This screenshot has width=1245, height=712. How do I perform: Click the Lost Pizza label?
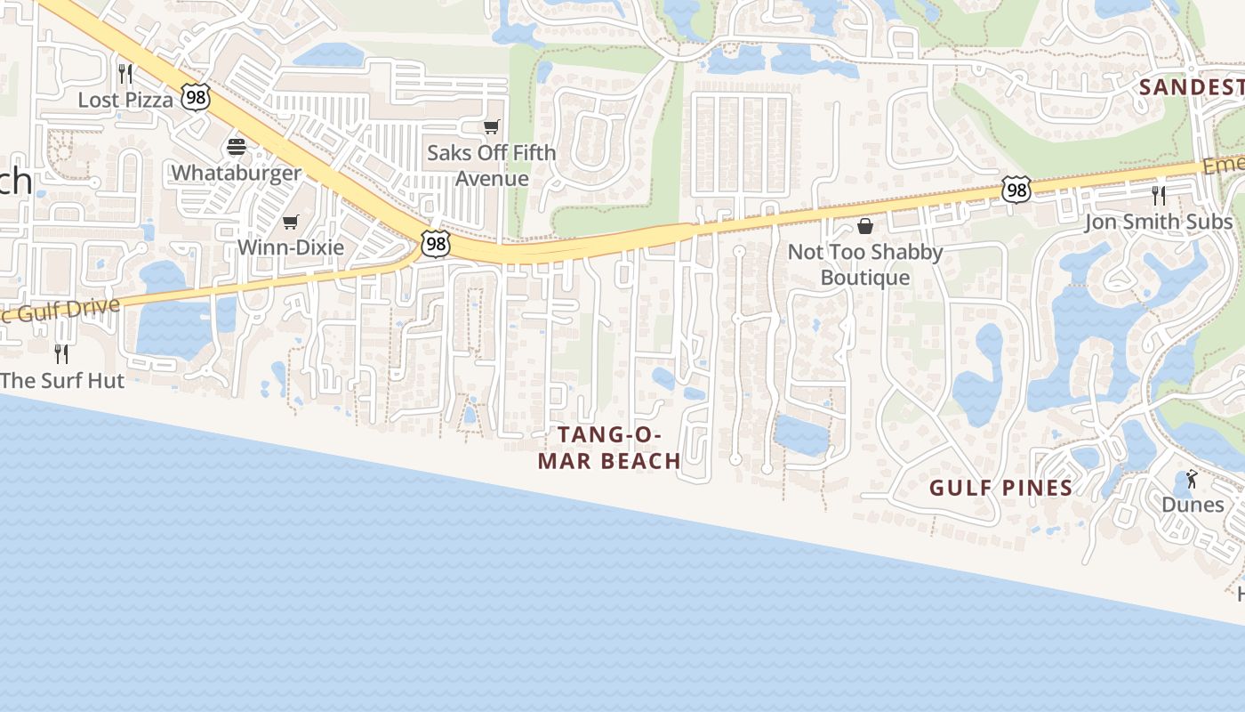(x=125, y=100)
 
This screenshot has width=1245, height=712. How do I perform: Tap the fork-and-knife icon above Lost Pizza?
(x=125, y=73)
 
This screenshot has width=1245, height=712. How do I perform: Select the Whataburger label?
(x=237, y=173)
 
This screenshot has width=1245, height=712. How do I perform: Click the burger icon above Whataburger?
(x=237, y=146)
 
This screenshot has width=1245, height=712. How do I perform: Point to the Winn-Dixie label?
(x=290, y=247)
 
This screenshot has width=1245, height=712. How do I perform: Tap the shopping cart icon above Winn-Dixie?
(x=290, y=222)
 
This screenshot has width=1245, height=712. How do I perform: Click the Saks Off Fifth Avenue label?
(x=491, y=166)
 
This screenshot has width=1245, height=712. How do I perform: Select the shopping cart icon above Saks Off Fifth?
(x=491, y=126)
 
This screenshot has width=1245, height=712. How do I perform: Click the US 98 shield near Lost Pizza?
(x=196, y=97)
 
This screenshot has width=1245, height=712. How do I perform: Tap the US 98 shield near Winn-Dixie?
(x=436, y=244)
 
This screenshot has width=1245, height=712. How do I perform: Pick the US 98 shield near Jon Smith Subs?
(x=1016, y=189)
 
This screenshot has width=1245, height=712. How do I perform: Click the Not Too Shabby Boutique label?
(x=865, y=264)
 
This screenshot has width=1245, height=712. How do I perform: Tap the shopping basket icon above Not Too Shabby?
(x=865, y=226)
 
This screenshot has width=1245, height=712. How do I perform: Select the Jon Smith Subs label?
(x=1158, y=222)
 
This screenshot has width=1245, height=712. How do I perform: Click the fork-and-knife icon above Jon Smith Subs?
(x=1158, y=195)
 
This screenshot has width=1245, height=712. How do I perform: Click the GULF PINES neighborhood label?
(x=1001, y=488)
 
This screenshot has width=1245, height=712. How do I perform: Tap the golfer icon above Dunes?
(x=1192, y=479)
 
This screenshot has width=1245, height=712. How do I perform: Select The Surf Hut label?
(x=62, y=381)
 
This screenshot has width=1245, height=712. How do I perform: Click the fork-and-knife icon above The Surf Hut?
(x=61, y=354)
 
